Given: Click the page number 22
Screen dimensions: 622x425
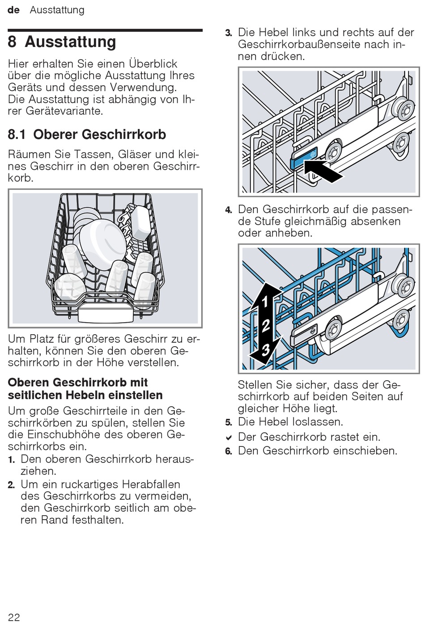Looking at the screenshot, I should [14, 617].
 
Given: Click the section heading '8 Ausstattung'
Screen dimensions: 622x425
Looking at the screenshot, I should [62, 42].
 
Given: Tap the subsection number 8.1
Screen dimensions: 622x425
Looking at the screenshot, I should [17, 134].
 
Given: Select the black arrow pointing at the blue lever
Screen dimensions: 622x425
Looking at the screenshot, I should [324, 172].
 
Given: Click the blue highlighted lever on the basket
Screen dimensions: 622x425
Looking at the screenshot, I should [304, 159].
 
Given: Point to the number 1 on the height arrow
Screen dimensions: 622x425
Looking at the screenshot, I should [265, 302].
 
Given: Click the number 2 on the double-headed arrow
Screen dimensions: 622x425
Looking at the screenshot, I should [265, 325].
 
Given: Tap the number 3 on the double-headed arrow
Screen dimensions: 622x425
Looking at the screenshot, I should [265, 349].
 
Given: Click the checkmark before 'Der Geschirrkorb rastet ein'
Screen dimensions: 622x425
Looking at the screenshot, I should [229, 437].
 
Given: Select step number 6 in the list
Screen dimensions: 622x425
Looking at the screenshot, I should [229, 451].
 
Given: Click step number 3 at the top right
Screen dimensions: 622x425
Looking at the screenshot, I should [229, 33].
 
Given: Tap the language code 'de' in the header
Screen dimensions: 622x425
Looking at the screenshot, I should [14, 10].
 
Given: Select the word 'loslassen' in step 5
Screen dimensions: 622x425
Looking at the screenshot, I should [316, 422].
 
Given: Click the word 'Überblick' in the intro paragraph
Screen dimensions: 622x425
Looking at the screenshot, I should [153, 63].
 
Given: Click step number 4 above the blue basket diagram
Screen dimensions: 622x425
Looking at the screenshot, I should [229, 210].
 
